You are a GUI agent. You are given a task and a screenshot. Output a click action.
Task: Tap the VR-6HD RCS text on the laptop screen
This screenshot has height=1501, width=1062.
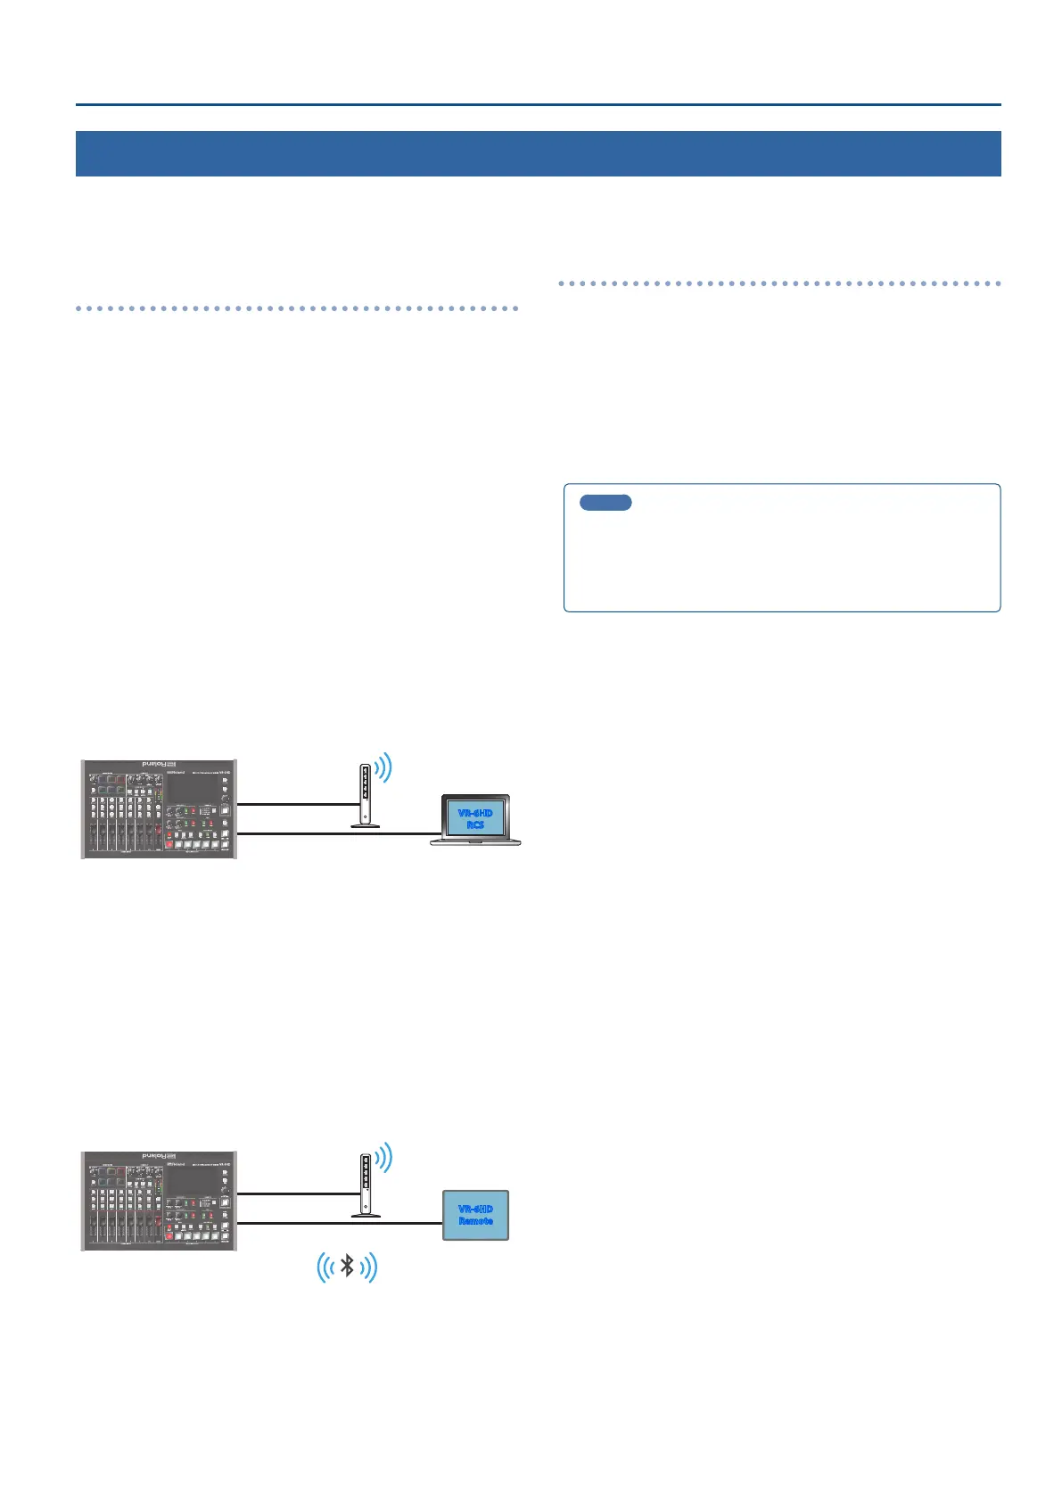[475, 818]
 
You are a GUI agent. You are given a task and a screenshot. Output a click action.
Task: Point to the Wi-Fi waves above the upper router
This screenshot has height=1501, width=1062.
[384, 768]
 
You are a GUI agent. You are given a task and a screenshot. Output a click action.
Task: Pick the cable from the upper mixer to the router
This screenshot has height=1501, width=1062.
[294, 803]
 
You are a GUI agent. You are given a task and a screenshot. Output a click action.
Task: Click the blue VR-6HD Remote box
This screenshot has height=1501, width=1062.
[475, 1215]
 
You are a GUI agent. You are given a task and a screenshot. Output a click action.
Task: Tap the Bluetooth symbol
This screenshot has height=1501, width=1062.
[348, 1266]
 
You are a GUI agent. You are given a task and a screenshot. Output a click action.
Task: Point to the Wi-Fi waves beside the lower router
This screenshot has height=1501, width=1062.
[384, 1158]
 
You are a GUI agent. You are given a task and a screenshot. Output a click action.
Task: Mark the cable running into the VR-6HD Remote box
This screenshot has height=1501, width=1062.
[339, 1224]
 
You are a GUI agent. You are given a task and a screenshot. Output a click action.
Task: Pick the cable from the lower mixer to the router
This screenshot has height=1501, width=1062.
[294, 1193]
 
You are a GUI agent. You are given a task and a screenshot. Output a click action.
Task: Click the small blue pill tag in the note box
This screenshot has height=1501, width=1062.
[605, 503]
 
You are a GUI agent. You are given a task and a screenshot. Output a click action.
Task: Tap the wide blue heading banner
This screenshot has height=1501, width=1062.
[538, 153]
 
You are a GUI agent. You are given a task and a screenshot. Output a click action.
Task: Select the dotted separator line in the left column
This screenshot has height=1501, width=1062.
[297, 308]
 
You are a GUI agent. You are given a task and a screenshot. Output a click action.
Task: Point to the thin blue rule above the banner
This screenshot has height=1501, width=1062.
[538, 105]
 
